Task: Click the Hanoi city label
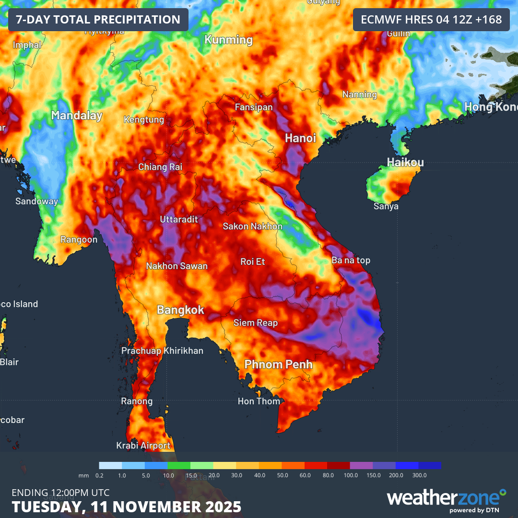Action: click(x=301, y=138)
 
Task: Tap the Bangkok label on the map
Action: click(x=181, y=310)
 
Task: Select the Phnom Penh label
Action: click(x=278, y=365)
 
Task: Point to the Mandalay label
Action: click(x=77, y=115)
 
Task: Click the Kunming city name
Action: click(x=229, y=39)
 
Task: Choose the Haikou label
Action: click(x=405, y=162)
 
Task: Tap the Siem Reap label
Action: click(x=256, y=323)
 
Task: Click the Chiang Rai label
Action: click(x=160, y=167)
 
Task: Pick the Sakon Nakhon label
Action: click(x=253, y=226)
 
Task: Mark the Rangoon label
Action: click(x=79, y=239)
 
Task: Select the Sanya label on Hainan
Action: click(x=386, y=206)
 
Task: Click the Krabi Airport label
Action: click(x=143, y=446)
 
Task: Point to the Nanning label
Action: click(x=359, y=94)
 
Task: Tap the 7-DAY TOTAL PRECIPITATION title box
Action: click(x=98, y=20)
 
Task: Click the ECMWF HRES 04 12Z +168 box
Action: click(x=431, y=20)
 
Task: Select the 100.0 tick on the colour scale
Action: click(x=351, y=475)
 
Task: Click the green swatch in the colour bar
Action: click(x=179, y=465)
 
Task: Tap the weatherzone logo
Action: click(x=446, y=499)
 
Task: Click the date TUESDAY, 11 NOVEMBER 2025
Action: click(x=127, y=506)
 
